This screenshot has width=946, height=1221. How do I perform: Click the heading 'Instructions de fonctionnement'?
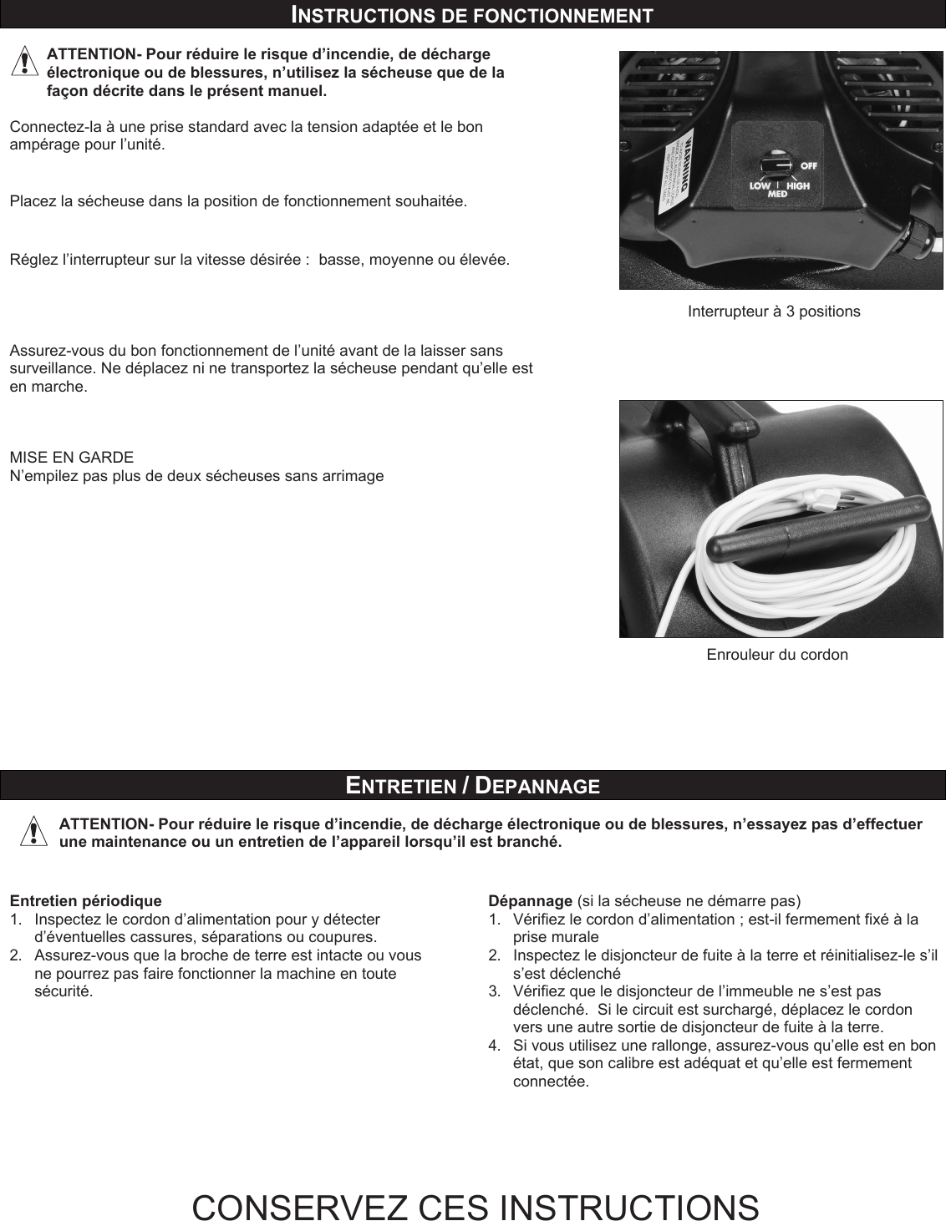pyautogui.click(x=472, y=14)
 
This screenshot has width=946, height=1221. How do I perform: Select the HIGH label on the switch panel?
pyautogui.click(x=798, y=185)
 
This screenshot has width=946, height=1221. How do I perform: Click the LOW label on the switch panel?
pyautogui.click(x=760, y=185)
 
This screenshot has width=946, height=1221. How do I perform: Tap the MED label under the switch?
pyautogui.click(x=778, y=194)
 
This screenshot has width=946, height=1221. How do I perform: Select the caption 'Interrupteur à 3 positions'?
pyautogui.click(x=773, y=312)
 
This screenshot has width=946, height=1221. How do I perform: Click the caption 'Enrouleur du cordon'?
pyautogui.click(x=777, y=655)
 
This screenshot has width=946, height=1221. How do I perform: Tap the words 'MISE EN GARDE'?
pyautogui.click(x=71, y=458)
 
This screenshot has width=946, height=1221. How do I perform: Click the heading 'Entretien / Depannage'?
pyautogui.click(x=472, y=785)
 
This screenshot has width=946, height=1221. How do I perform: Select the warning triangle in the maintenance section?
pyautogui.click(x=33, y=833)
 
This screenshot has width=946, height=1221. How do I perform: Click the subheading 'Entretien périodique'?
pyautogui.click(x=85, y=901)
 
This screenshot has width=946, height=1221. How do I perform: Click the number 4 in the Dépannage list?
pyautogui.click(x=494, y=1046)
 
